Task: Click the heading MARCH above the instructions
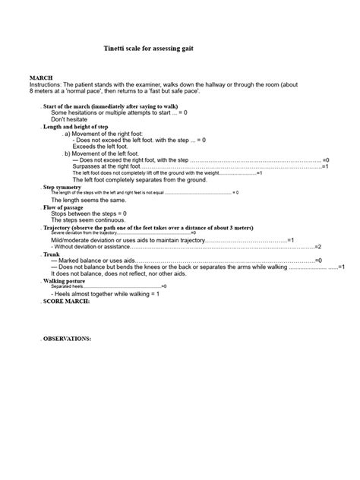tap(40, 78)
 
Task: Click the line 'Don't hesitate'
tap(68, 119)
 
